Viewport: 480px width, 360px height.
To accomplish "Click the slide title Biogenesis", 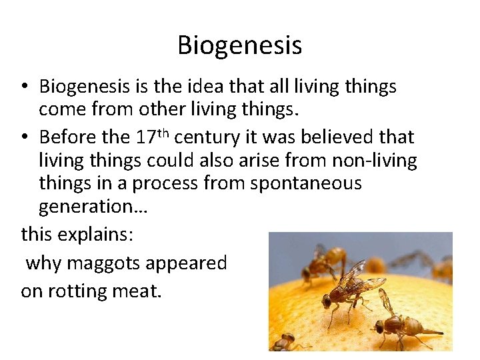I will pos(239,45).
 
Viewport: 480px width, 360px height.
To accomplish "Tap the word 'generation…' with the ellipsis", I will pos(93,207).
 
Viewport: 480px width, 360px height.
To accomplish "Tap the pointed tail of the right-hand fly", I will pos(437,331).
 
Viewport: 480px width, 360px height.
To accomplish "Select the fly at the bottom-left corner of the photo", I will pos(285,342).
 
